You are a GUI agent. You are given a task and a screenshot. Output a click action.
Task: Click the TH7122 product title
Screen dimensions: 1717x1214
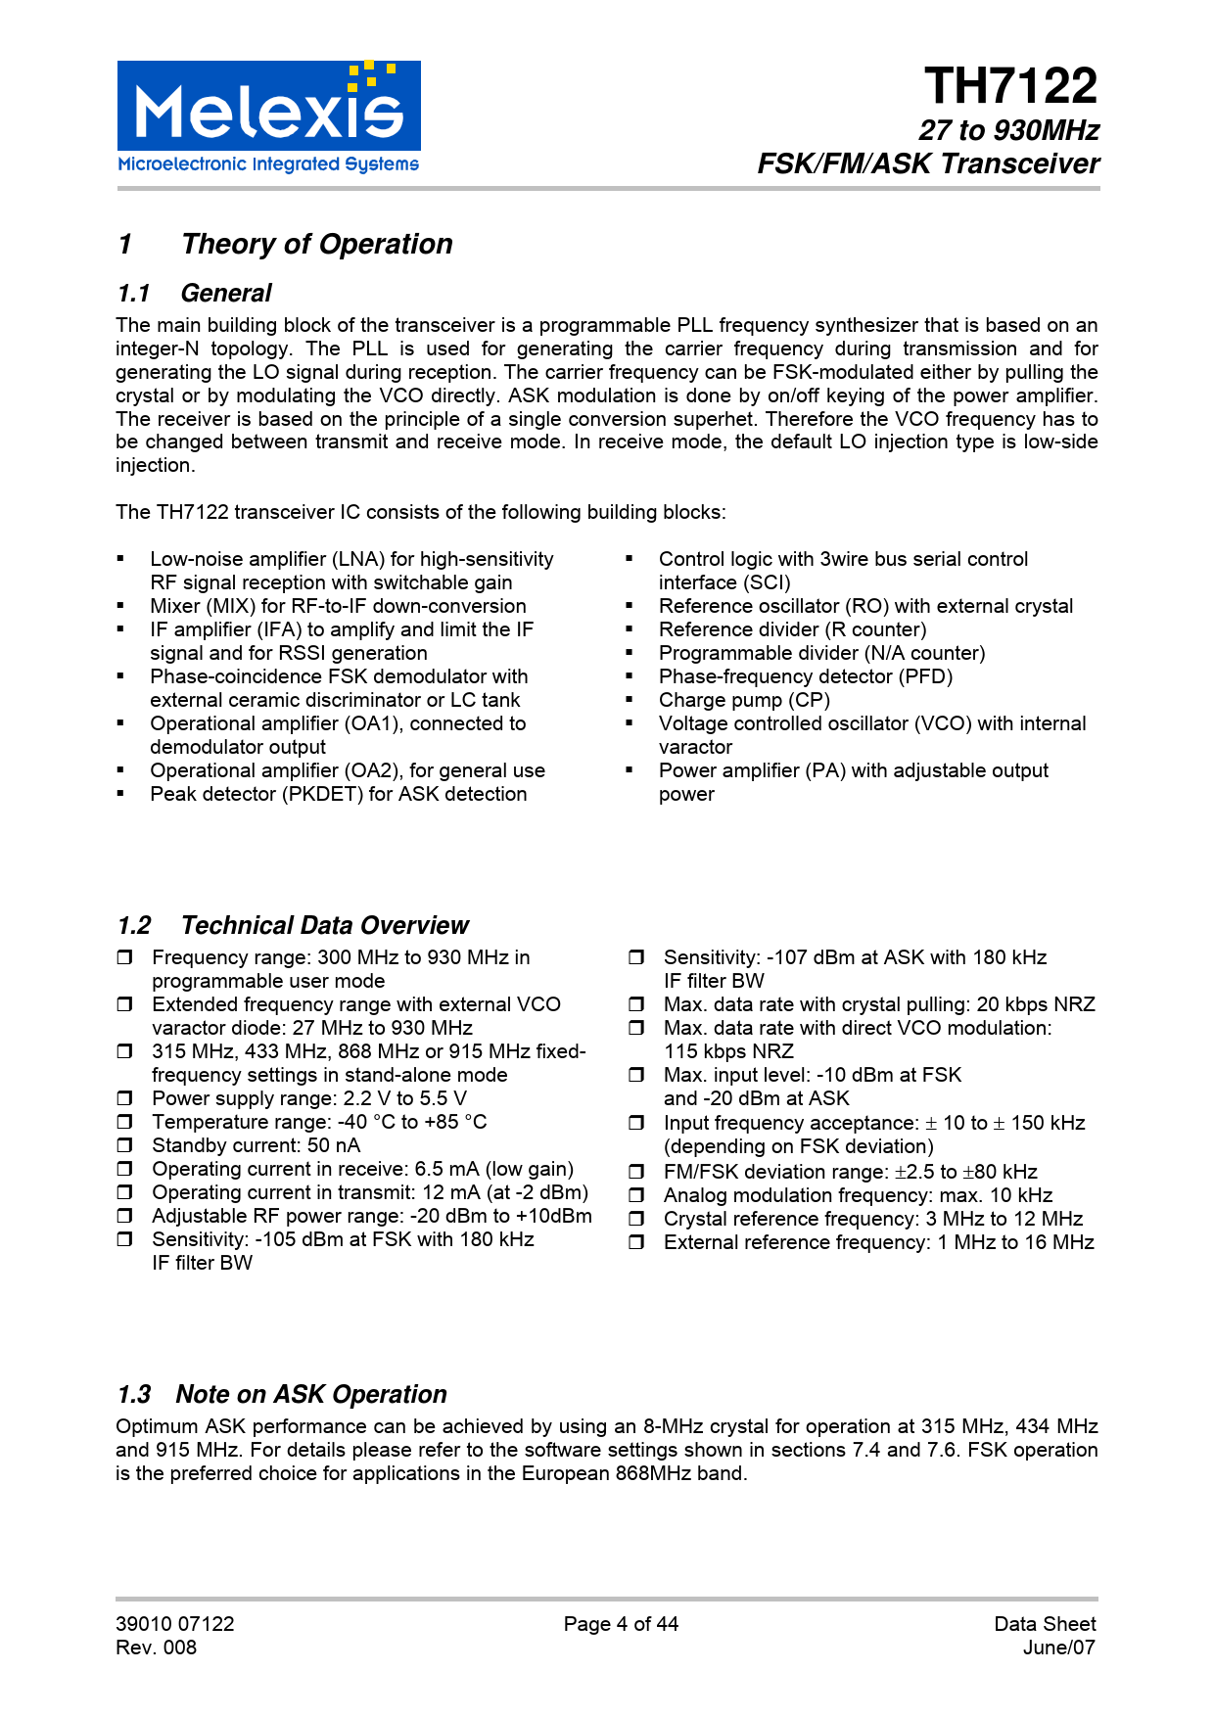click(x=1010, y=86)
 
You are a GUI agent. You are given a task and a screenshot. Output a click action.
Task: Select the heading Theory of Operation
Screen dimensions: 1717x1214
click(x=317, y=244)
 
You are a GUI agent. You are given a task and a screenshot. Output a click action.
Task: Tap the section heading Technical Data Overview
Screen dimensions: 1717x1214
click(x=324, y=925)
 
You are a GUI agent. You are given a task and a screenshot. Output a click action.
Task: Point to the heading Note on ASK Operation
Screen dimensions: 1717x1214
click(x=311, y=1394)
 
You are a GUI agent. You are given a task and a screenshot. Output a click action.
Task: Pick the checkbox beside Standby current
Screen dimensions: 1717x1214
click(x=124, y=1145)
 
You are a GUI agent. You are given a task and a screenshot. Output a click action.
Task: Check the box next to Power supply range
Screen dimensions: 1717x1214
click(x=124, y=1098)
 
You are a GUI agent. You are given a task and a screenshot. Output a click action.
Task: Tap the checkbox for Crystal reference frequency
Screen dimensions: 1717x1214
click(x=636, y=1219)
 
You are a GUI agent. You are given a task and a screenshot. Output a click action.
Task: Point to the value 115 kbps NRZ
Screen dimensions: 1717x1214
click(x=728, y=1051)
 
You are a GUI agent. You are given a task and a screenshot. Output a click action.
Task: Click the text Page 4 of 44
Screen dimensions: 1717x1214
click(x=621, y=1624)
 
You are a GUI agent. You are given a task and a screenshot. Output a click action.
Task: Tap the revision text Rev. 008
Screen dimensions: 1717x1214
click(x=156, y=1647)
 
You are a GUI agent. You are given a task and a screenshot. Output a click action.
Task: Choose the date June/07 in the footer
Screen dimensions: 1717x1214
click(x=1058, y=1647)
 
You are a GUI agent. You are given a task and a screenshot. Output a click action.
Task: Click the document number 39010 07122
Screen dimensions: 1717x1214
click(x=175, y=1624)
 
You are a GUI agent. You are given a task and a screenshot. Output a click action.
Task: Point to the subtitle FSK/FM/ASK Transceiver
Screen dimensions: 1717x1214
click(x=928, y=163)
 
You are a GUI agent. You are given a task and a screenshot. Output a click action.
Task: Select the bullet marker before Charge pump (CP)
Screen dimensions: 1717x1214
click(x=630, y=700)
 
